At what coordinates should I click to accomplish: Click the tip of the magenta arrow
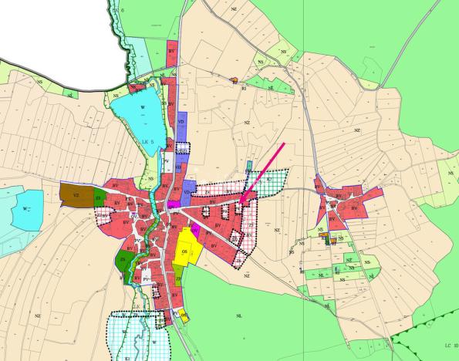coord(241,202)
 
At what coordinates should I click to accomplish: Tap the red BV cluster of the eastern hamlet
coord(343,202)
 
